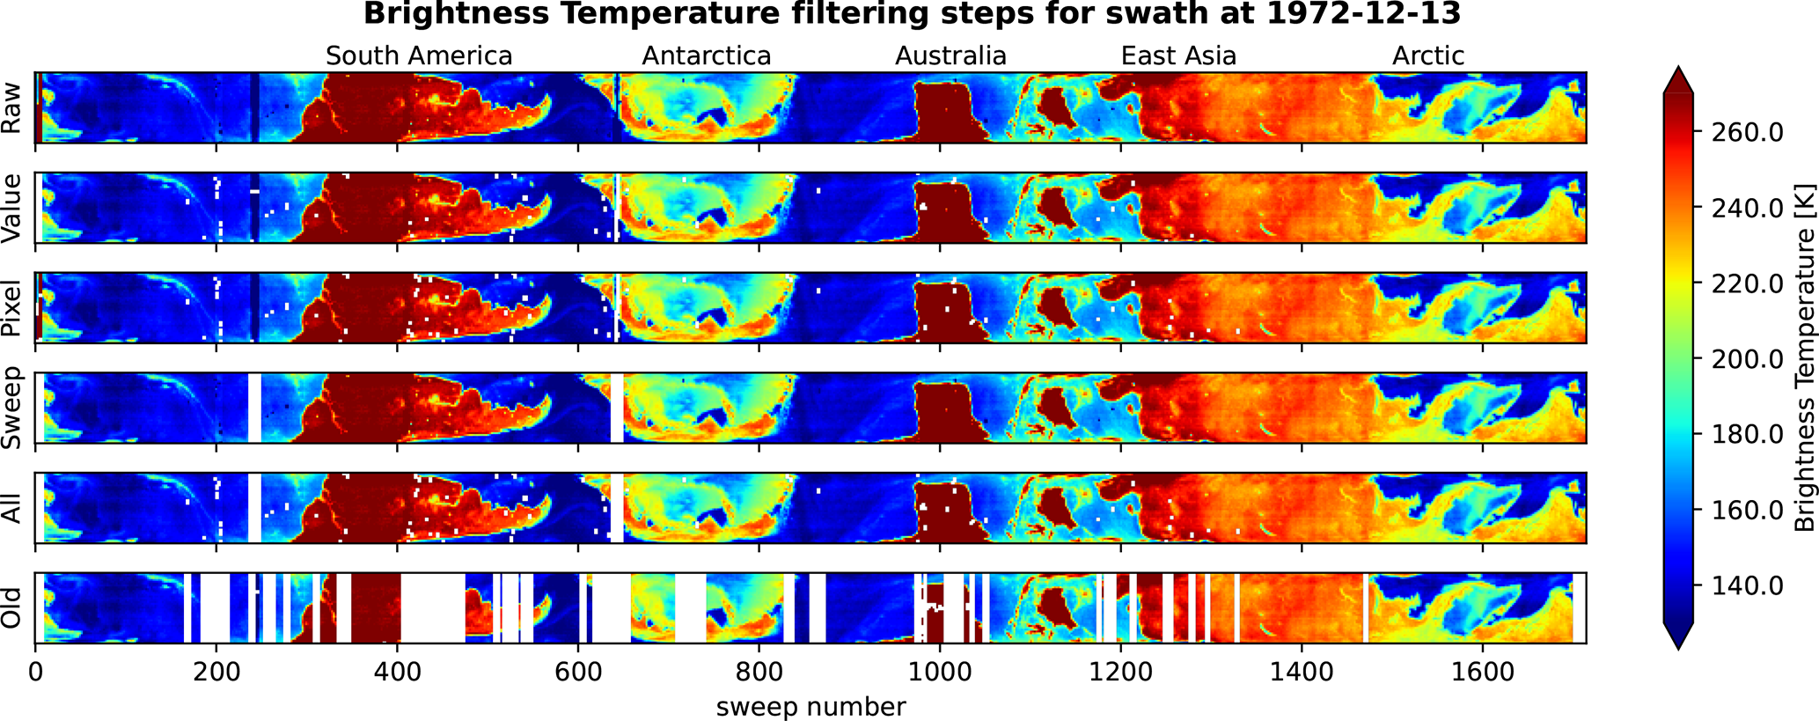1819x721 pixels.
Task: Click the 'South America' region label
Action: [x=419, y=56]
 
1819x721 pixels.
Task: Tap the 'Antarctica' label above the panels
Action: [x=706, y=56]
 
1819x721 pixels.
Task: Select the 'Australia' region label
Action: [x=950, y=56]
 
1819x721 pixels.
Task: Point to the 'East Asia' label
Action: [x=1178, y=56]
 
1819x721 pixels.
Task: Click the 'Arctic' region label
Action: [x=1427, y=56]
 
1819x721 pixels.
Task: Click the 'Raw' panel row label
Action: [x=12, y=107]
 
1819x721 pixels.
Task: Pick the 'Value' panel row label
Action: [x=12, y=208]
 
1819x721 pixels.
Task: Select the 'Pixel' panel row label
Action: [x=12, y=308]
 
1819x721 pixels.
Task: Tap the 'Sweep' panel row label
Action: [x=12, y=408]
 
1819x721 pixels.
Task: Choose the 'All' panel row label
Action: [x=12, y=509]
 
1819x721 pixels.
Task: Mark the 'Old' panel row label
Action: [x=12, y=608]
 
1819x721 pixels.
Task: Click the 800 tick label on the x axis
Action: [x=759, y=673]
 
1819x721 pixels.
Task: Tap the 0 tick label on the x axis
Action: [x=35, y=673]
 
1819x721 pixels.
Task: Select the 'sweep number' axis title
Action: [x=810, y=707]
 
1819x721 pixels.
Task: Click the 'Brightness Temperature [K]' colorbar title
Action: [x=1804, y=357]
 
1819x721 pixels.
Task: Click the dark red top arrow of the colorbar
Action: [x=1678, y=79]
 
